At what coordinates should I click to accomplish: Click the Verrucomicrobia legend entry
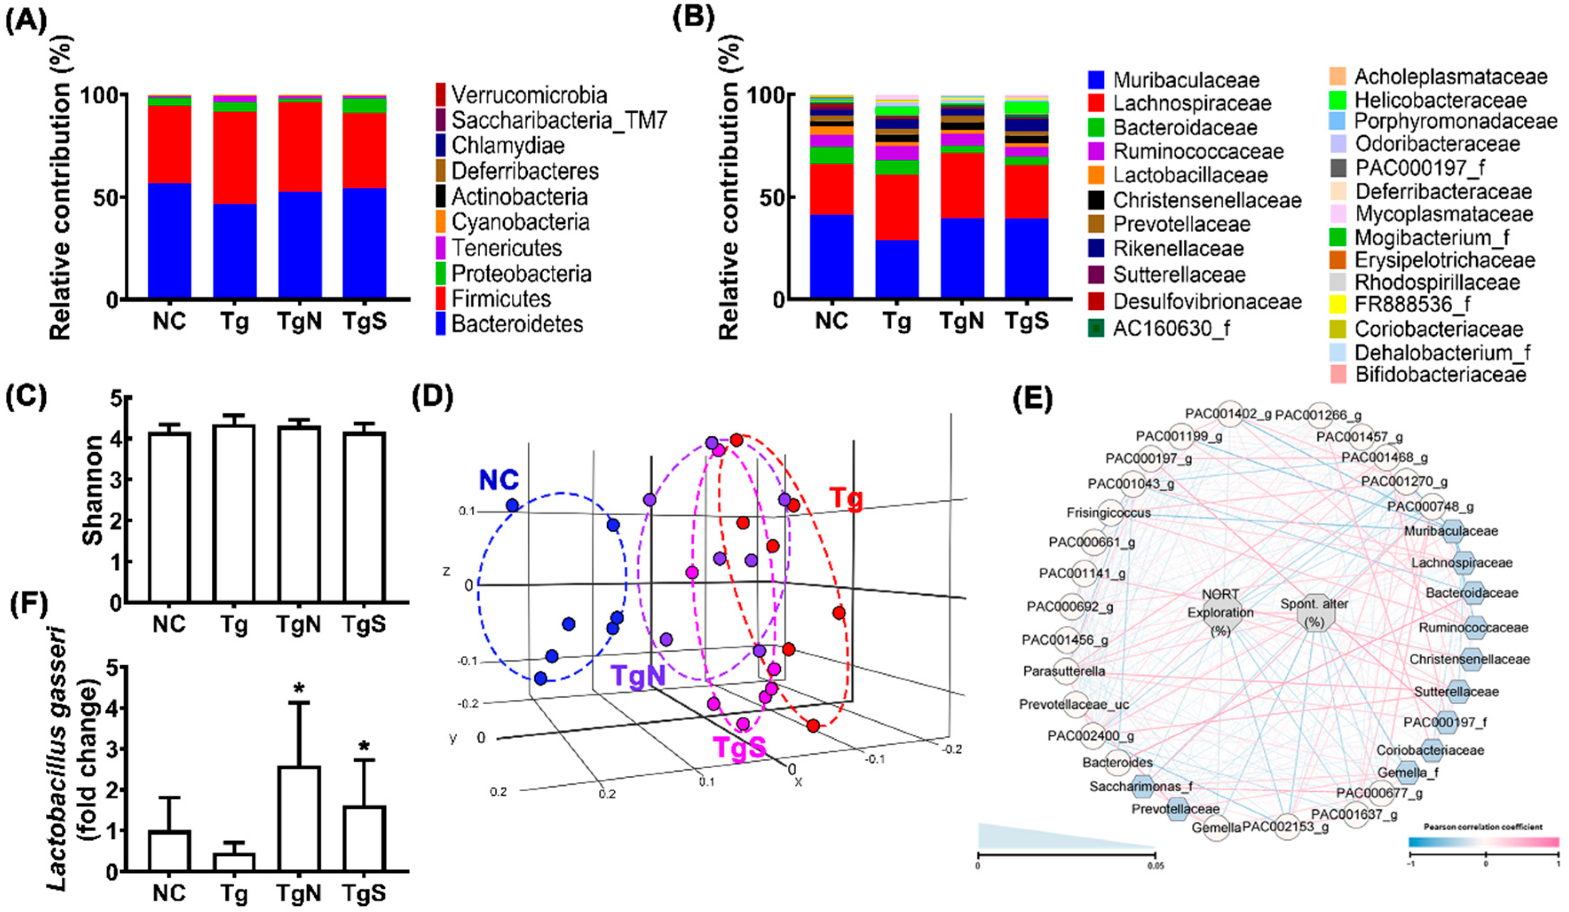[x=529, y=95]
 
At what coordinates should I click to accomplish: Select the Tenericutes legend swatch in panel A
[x=441, y=248]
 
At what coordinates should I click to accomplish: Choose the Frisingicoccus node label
[x=1108, y=513]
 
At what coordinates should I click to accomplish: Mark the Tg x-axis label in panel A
[x=234, y=323]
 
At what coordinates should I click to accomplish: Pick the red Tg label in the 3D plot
[x=846, y=499]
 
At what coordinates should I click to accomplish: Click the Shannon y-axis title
[x=92, y=491]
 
